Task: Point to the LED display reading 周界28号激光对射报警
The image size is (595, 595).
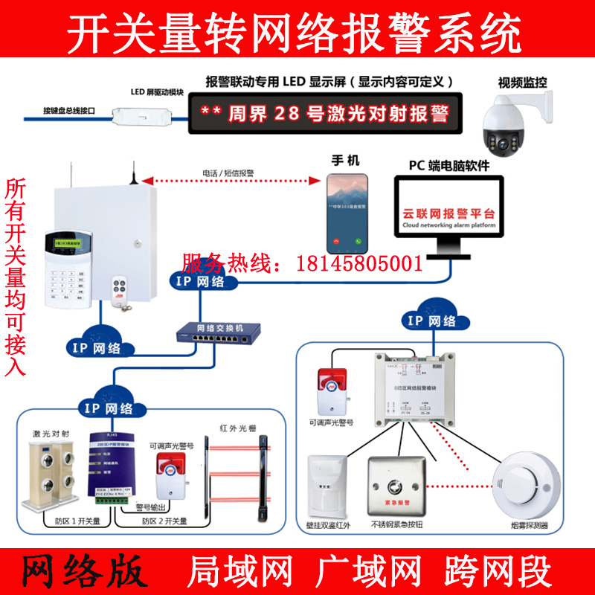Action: click(x=326, y=114)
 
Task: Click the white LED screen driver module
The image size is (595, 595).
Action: click(x=141, y=116)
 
